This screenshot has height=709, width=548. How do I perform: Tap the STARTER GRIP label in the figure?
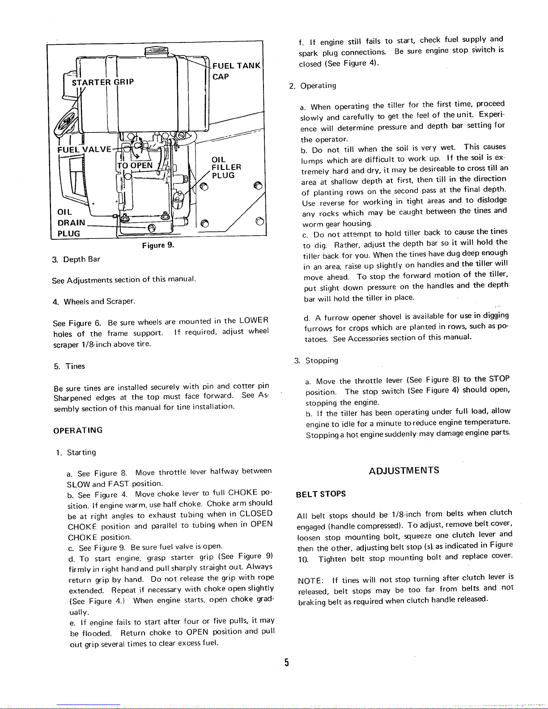pos(103,82)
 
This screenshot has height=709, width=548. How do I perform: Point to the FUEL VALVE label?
pos(85,149)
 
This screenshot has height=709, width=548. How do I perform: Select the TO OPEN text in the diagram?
pos(135,166)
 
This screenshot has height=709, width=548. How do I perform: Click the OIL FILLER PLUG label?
pos(226,167)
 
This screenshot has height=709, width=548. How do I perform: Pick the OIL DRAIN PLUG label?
pos(71,223)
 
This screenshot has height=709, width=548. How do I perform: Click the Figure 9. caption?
pos(158,246)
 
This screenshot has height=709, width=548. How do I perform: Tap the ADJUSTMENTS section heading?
pos(404,471)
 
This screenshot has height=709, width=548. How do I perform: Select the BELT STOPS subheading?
pos(321,494)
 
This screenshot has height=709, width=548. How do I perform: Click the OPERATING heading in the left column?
pos(78,430)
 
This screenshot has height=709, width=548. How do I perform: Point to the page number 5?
pos(286,662)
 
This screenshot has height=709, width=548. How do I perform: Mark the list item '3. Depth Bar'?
pos(76,260)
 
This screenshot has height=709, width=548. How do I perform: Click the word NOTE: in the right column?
pos(310,581)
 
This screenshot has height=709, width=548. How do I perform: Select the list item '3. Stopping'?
pos(316,361)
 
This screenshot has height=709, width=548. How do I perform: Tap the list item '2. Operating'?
pos(313,86)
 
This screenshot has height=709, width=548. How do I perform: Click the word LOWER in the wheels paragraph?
pos(254,320)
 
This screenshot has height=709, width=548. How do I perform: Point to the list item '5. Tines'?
pos(69,366)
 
